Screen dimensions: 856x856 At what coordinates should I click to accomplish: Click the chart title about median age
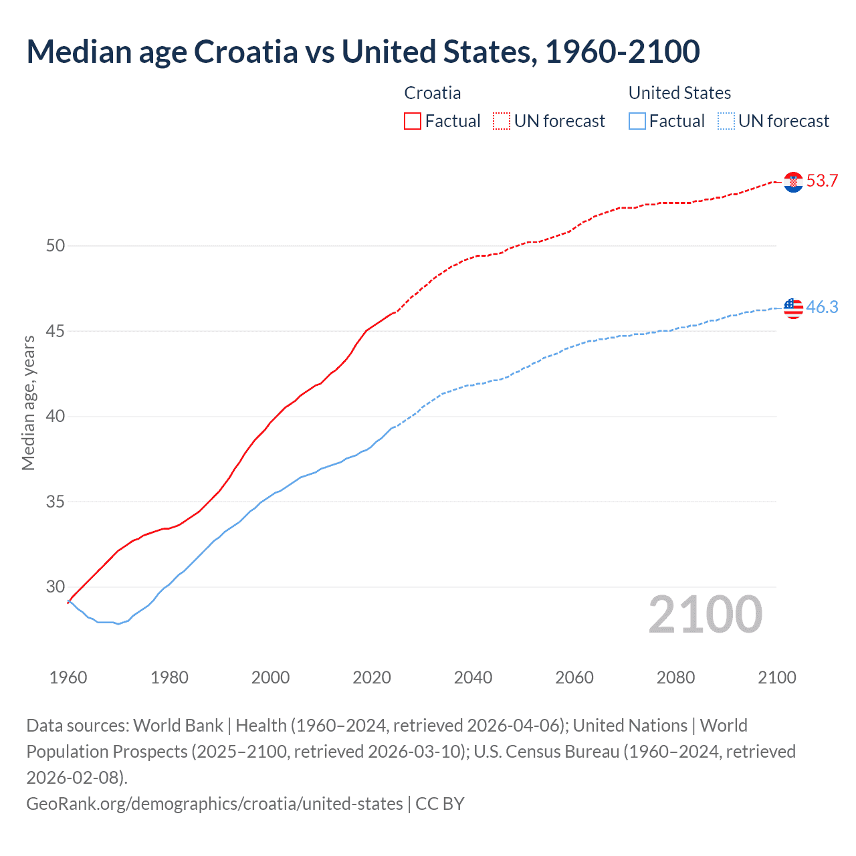363,52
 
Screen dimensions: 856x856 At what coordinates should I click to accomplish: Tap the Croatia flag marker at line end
793,181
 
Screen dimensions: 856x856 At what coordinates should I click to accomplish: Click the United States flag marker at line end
793,308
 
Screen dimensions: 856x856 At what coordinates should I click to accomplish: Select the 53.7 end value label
822,181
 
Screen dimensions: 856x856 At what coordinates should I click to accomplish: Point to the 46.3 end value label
822,307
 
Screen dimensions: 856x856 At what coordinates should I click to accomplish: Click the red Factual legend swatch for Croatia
413,121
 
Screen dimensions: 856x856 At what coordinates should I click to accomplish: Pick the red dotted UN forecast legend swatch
502,121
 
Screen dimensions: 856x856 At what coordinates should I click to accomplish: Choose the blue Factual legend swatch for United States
637,121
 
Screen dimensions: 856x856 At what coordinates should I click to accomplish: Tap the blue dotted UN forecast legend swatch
726,121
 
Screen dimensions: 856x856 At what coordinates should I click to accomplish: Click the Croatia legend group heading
433,93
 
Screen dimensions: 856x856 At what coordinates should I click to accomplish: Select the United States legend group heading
679,93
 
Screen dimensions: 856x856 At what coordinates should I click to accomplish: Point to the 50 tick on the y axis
56,245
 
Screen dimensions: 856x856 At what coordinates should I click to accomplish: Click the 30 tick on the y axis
56,586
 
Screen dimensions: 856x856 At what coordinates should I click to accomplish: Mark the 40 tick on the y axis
56,416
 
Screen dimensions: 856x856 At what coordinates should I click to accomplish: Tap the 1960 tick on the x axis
68,677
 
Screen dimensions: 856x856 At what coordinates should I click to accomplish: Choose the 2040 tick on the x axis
473,677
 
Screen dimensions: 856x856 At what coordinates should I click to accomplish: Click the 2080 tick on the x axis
675,677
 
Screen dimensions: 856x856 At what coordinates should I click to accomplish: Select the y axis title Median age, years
28,403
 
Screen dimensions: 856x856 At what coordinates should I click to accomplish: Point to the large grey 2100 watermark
705,615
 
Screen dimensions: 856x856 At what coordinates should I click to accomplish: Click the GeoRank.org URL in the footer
215,803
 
